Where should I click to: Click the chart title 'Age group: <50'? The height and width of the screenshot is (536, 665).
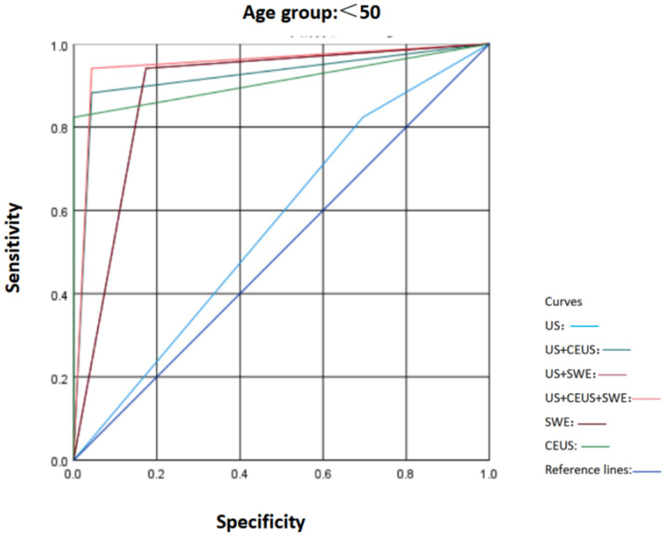tap(311, 12)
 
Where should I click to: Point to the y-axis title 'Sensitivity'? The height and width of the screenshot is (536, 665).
tap(13, 248)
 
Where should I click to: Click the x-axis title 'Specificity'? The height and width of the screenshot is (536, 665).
tap(260, 522)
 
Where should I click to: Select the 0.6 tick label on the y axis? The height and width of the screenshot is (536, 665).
tap(59, 212)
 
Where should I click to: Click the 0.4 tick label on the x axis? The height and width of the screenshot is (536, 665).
tap(239, 474)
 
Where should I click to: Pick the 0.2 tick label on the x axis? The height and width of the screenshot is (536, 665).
tap(156, 474)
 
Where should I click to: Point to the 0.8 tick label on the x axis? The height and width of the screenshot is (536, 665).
tap(405, 474)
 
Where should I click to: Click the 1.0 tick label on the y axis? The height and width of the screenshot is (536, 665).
tap(59, 47)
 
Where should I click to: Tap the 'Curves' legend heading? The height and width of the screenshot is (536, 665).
tap(563, 301)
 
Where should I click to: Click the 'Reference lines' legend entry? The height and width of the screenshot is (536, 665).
tap(588, 470)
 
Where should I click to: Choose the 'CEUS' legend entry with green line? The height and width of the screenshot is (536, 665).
tap(561, 446)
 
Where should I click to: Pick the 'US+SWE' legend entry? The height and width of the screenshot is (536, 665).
tap(570, 374)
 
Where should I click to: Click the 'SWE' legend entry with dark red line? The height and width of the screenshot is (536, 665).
tap(559, 422)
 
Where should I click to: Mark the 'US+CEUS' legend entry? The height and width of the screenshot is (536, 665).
tap(572, 350)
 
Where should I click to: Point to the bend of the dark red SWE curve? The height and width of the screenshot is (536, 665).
tap(146, 68)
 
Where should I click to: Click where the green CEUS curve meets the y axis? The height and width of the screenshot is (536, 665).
tap(74, 117)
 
